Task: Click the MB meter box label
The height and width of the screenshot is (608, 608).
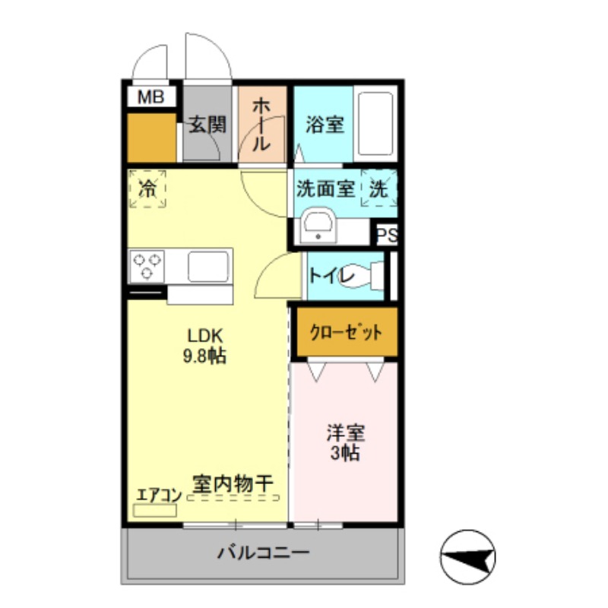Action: pyautogui.click(x=150, y=97)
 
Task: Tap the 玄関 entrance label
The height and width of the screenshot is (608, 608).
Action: pyautogui.click(x=207, y=125)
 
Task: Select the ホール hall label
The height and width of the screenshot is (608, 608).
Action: pyautogui.click(x=261, y=125)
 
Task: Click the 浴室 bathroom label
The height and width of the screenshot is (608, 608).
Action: pyautogui.click(x=325, y=125)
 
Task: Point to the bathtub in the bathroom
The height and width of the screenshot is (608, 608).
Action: pyautogui.click(x=375, y=124)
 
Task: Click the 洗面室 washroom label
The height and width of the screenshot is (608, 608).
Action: pyautogui.click(x=325, y=189)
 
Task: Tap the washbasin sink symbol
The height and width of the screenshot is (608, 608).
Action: pyautogui.click(x=318, y=225)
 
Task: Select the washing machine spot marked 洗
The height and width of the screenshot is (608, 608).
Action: pyautogui.click(x=378, y=188)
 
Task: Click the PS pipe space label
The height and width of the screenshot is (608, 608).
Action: pyautogui.click(x=388, y=235)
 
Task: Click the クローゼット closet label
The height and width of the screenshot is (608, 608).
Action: pyautogui.click(x=346, y=333)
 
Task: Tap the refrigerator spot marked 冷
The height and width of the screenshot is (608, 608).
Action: pyautogui.click(x=147, y=188)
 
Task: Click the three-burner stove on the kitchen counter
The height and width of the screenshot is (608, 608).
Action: pyautogui.click(x=147, y=267)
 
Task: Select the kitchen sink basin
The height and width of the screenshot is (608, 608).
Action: pyautogui.click(x=208, y=266)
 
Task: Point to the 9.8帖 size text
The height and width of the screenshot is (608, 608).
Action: pyautogui.click(x=204, y=356)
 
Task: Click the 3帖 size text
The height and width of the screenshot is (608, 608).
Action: pyautogui.click(x=345, y=452)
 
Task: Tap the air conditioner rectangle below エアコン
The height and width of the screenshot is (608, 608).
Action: pyautogui.click(x=155, y=510)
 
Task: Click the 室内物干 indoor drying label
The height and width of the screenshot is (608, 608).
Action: pyautogui.click(x=233, y=484)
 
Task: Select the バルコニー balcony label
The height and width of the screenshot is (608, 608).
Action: pyautogui.click(x=263, y=553)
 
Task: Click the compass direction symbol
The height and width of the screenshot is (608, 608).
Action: pyautogui.click(x=468, y=557)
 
